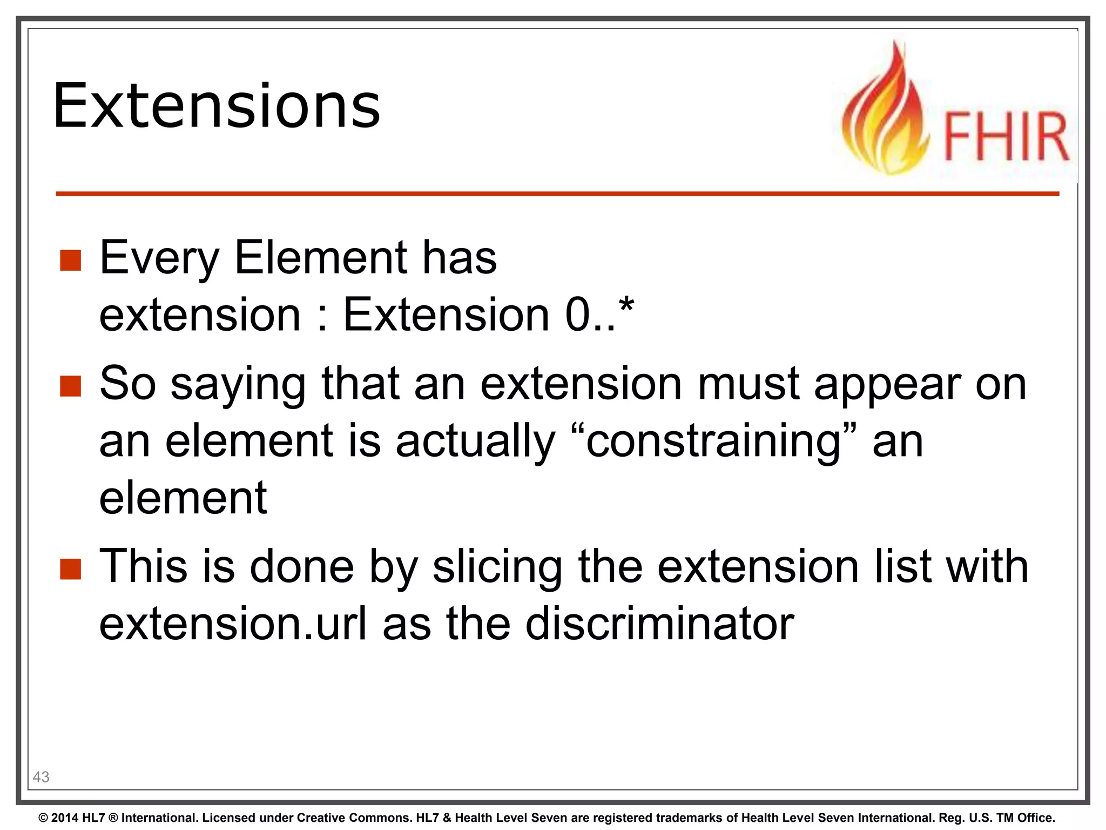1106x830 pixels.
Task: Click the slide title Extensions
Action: click(217, 106)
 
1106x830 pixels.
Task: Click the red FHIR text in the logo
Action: click(1006, 137)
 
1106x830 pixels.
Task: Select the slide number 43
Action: click(41, 777)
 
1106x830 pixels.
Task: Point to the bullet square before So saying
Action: click(70, 386)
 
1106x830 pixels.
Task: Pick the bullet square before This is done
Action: click(70, 568)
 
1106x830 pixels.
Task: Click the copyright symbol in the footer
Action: click(43, 818)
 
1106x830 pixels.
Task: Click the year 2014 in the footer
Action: click(64, 818)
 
